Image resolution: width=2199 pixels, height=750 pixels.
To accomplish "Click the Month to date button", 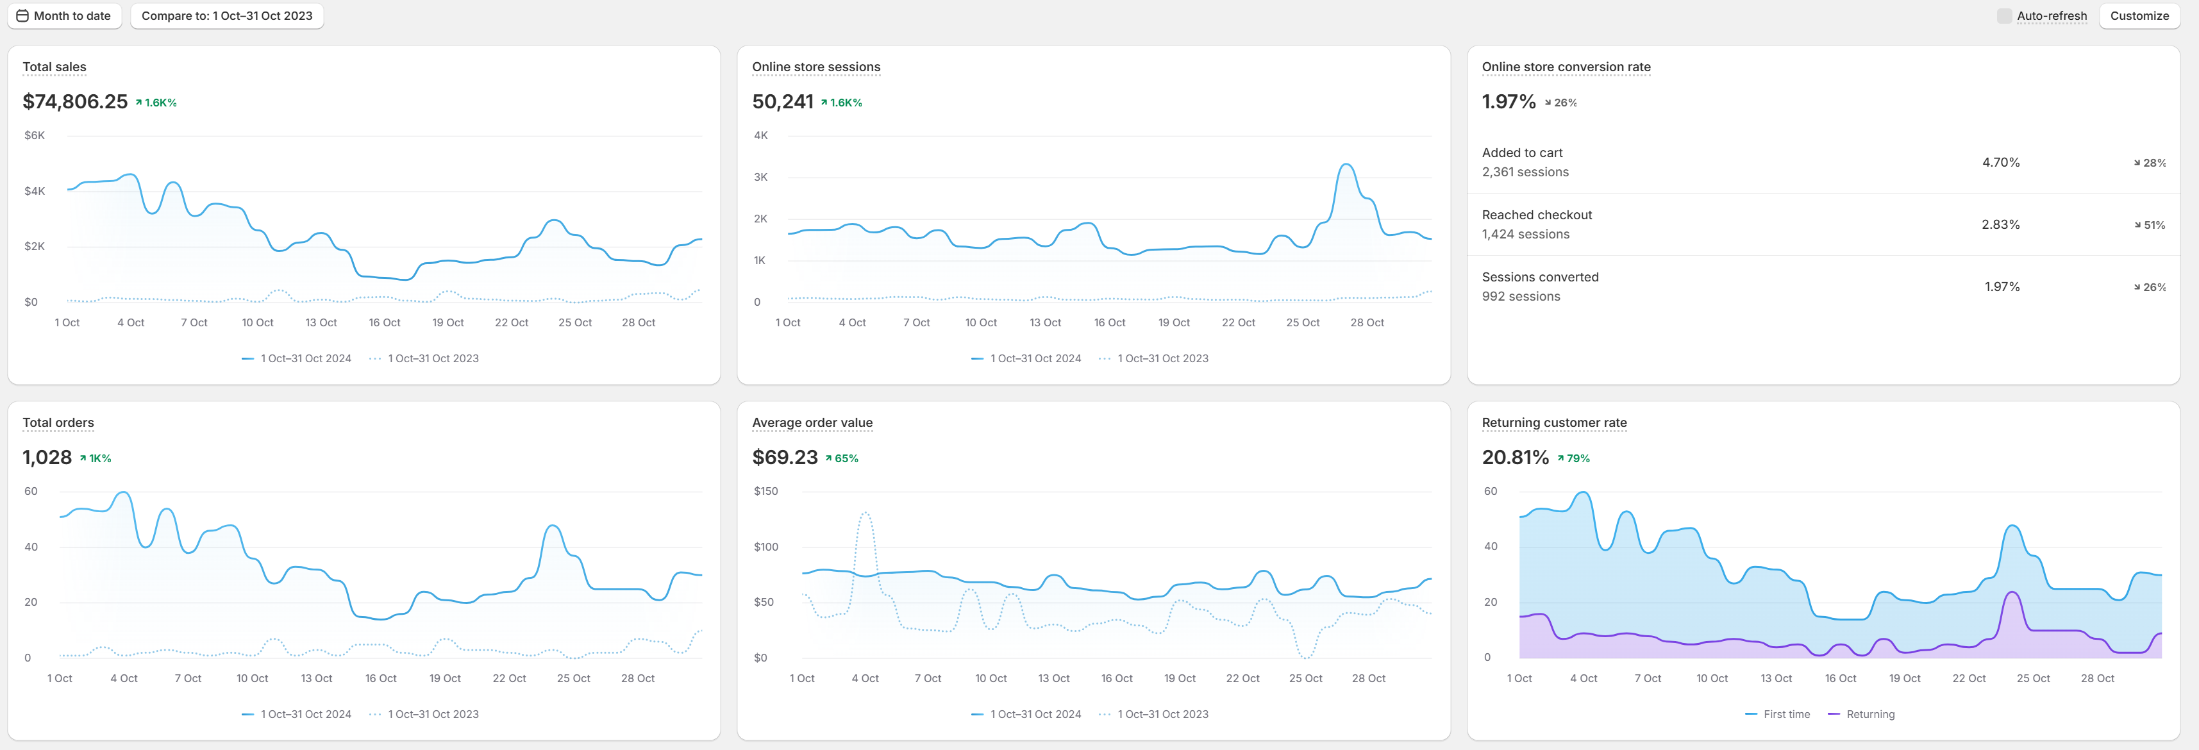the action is [64, 16].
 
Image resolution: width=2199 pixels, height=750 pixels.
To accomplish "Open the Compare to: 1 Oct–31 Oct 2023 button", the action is [227, 16].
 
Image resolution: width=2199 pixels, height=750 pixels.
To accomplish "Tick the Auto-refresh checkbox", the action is [2003, 16].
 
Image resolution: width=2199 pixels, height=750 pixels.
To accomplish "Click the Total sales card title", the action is [54, 67].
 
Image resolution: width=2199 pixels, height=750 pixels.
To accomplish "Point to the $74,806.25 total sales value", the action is [75, 101].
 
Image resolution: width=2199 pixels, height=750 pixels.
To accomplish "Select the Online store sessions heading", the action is [816, 67].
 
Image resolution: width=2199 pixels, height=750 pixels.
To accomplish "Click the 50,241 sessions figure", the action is [783, 101].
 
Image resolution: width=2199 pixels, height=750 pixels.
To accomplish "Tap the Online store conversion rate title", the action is [1566, 67].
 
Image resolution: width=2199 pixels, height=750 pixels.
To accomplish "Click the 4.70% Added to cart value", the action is [2001, 162].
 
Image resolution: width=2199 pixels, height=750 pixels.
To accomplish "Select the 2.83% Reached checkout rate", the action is [2001, 224].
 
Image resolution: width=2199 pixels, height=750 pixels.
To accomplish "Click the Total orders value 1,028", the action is [47, 457].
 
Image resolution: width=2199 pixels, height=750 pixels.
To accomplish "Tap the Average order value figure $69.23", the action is [785, 457].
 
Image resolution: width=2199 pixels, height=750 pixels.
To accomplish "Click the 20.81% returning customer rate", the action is [1515, 457].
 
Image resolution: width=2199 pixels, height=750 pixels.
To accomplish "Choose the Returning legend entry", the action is [1861, 714].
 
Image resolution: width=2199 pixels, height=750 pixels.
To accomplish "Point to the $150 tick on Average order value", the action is [765, 492].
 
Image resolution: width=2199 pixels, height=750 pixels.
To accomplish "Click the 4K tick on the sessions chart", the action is [760, 136].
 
